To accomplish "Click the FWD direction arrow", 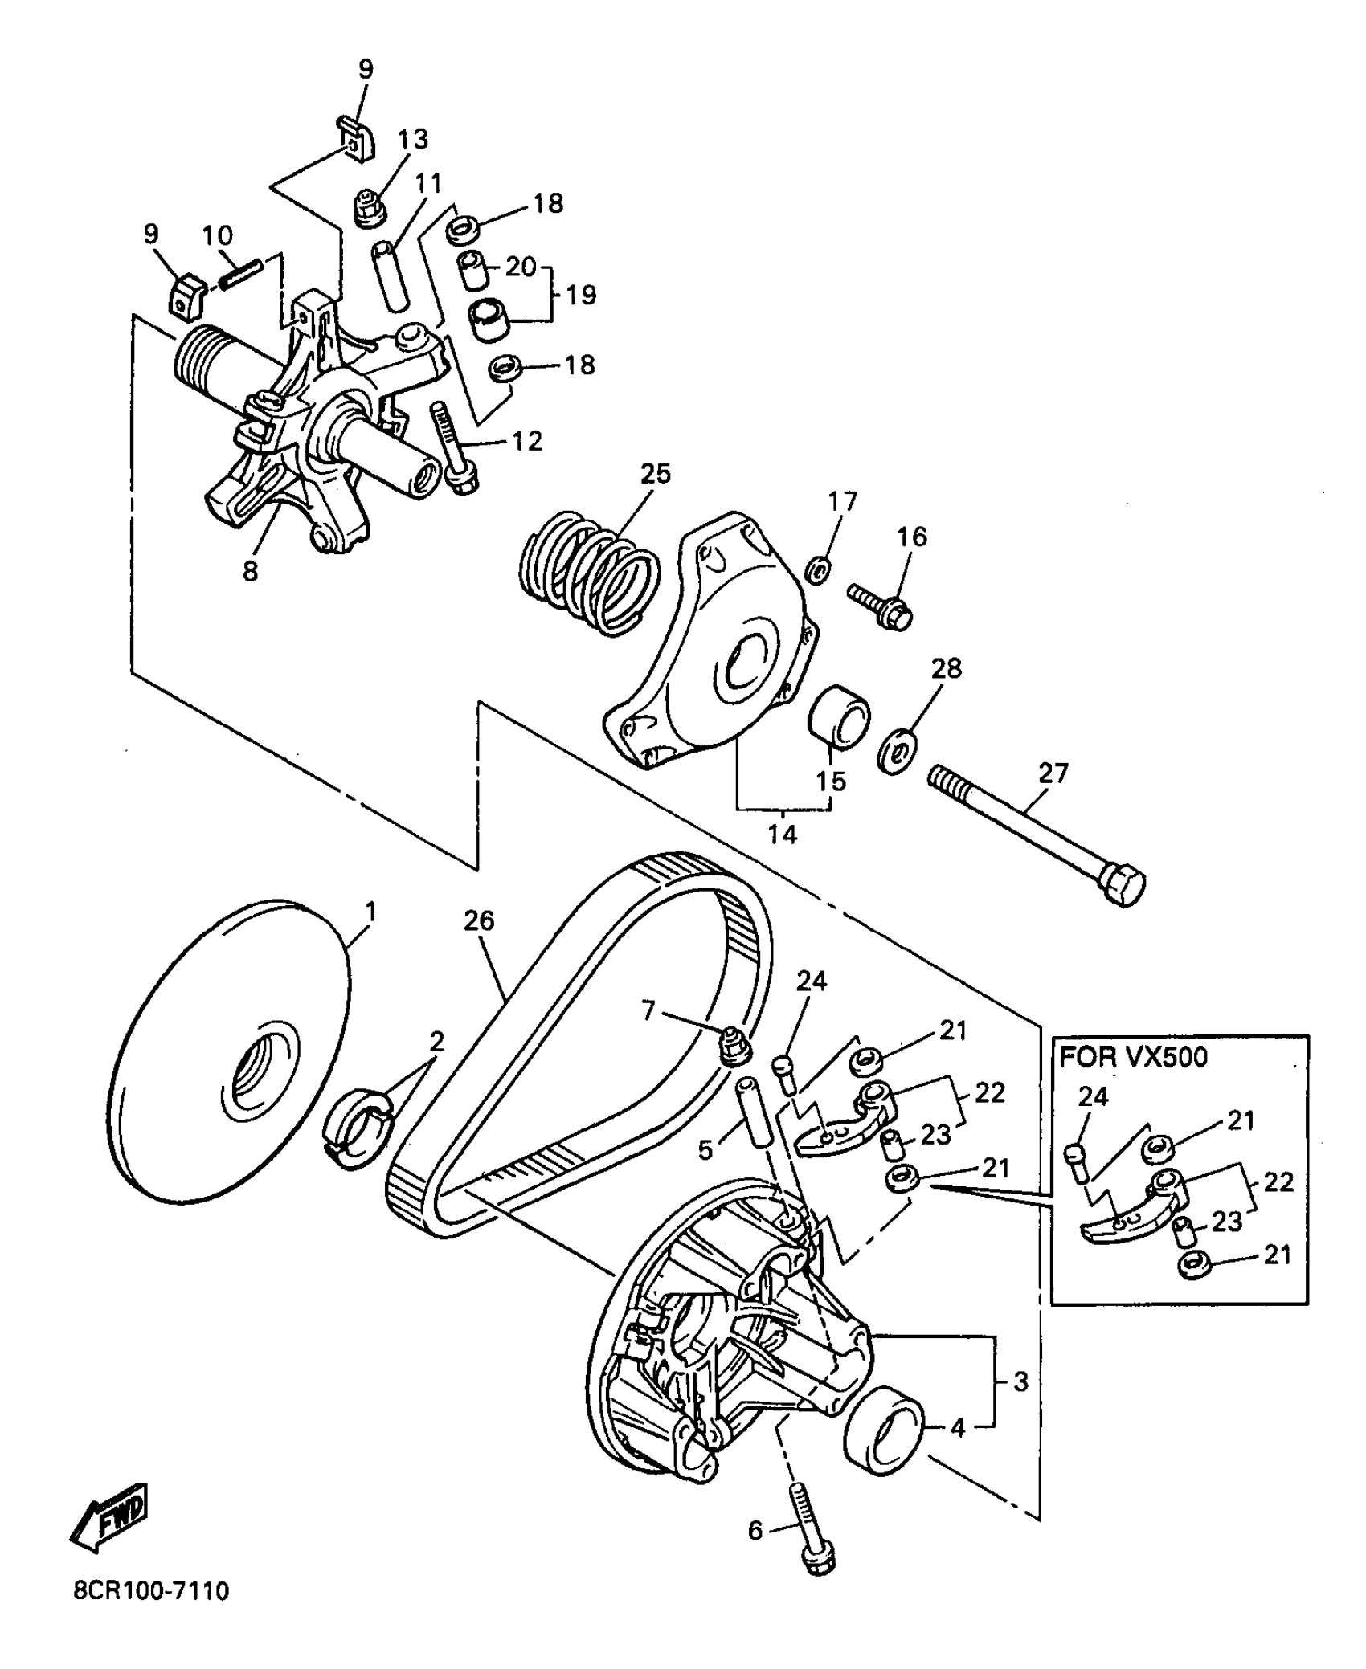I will pos(110,1516).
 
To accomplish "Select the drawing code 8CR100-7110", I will pos(151,1590).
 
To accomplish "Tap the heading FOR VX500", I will pos(1133,1057).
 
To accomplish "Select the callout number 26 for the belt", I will pos(479,921).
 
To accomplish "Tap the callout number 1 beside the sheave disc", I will pos(370,912).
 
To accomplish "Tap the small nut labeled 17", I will pos(817,571).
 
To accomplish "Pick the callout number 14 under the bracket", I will pos(781,834).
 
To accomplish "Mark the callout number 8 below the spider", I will pos(251,571).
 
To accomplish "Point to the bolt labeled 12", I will pos(452,446).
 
